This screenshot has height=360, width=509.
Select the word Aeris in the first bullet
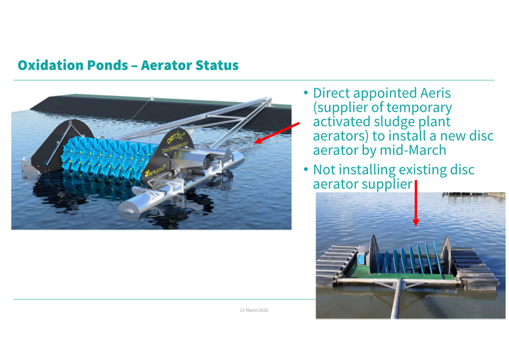[x=435, y=93]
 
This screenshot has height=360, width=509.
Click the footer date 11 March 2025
[x=254, y=310]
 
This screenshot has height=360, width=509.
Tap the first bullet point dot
[x=306, y=93]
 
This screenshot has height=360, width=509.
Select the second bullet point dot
[x=306, y=169]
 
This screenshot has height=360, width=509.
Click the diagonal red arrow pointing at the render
[x=277, y=133]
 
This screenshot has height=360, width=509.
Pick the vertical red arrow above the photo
[x=415, y=203]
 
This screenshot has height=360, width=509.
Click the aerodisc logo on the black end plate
[x=176, y=136]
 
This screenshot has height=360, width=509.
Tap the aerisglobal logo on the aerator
[x=155, y=171]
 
